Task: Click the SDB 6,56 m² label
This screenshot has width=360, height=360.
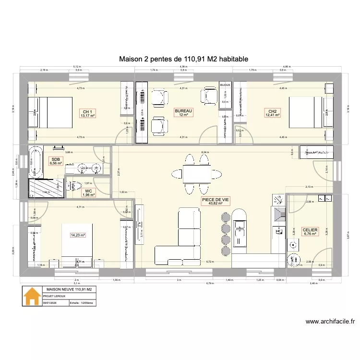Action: coord(55,160)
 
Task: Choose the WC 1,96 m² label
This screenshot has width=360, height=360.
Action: coord(88,192)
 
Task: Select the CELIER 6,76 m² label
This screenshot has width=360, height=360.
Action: coord(310,232)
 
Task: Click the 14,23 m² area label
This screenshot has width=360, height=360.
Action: coord(78,235)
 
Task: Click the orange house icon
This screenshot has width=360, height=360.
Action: coord(32,296)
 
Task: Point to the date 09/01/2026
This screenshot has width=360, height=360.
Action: coord(50,303)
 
